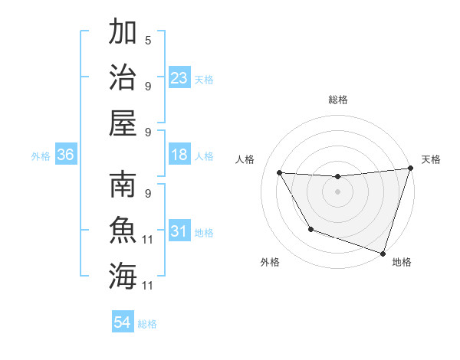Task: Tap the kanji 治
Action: (123, 77)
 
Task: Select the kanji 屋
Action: (123, 122)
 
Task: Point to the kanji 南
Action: (123, 185)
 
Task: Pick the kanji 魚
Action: (123, 231)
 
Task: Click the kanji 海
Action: (123, 276)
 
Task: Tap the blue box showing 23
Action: (179, 78)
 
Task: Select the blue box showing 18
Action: (179, 155)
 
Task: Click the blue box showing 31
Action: (179, 231)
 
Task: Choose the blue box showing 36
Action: (66, 155)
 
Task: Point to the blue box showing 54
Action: (123, 322)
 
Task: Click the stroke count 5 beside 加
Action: (148, 40)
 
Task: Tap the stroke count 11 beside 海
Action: (149, 286)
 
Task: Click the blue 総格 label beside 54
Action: (148, 324)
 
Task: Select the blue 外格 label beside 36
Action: (41, 156)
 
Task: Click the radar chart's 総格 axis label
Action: (337, 100)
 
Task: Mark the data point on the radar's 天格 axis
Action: (410, 169)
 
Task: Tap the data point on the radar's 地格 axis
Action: (383, 253)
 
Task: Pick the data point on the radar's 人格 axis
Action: (280, 173)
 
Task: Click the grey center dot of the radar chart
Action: (337, 191)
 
